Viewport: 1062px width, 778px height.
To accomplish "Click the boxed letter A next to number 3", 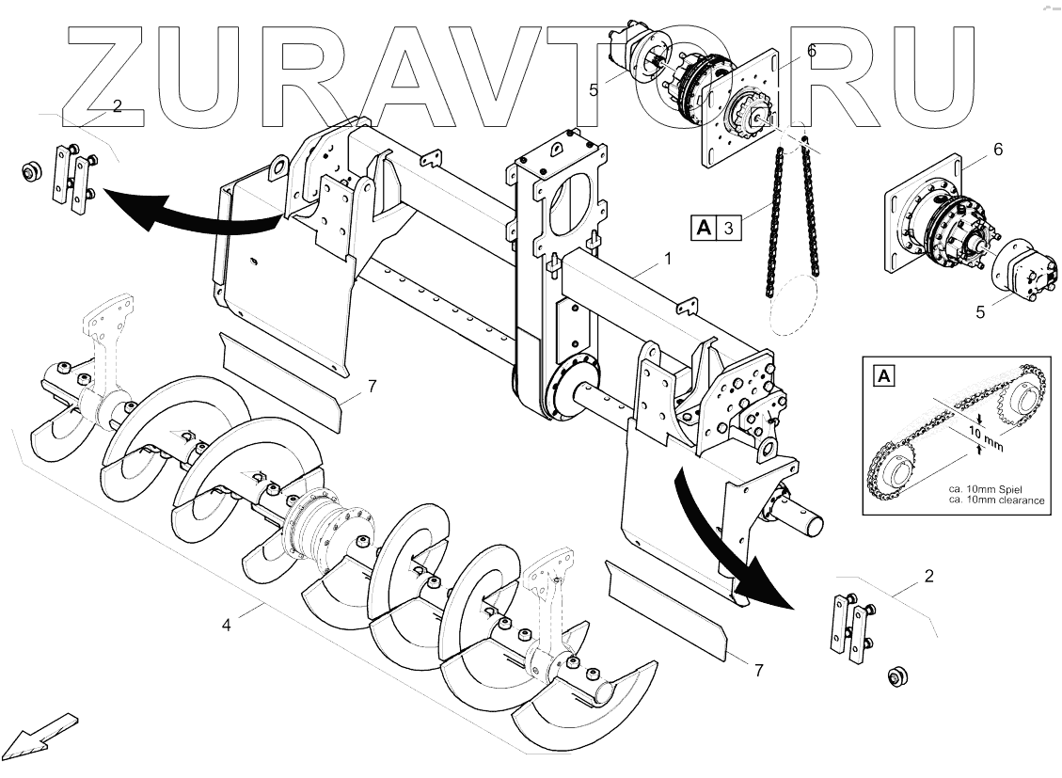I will click(704, 227).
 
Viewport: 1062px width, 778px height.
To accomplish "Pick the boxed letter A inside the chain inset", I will click(884, 377).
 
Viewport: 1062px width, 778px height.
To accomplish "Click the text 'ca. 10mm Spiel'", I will click(982, 489).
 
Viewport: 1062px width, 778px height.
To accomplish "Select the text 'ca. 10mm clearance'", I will click(996, 500).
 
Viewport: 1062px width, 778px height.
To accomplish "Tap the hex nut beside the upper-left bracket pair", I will click(30, 172).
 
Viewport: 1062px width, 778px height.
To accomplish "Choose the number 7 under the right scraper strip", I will click(757, 670).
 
